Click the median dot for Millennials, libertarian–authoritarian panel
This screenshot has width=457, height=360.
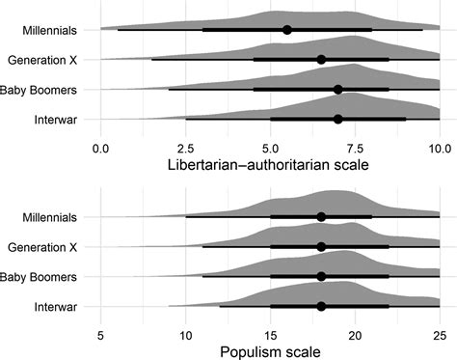click(x=287, y=30)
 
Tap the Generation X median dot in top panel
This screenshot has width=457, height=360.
click(x=321, y=60)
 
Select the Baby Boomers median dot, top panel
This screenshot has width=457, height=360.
click(x=337, y=90)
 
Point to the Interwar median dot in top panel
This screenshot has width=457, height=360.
click(x=337, y=120)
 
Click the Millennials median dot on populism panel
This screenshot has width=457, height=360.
click(x=321, y=217)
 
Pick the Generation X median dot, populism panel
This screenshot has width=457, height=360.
click(x=321, y=247)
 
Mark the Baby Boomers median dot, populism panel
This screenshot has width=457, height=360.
click(x=321, y=277)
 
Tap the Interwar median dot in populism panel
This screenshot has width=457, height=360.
click(x=321, y=307)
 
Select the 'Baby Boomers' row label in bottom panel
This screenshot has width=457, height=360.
click(x=45, y=277)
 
